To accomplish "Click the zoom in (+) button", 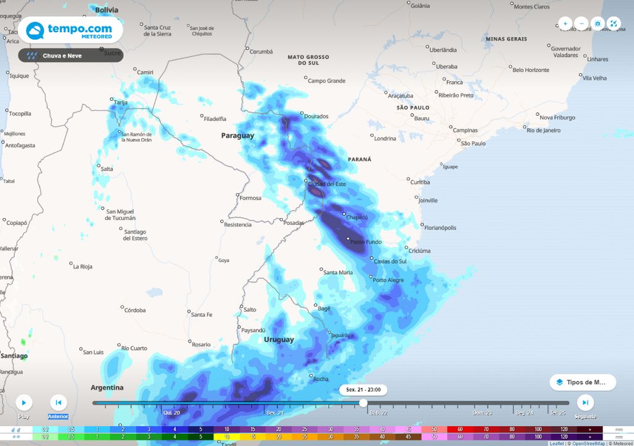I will pos(565,24).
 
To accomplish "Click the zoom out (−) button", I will pos(581,24).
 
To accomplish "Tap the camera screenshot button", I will pos(597,24).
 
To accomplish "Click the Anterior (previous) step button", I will pos(58,403).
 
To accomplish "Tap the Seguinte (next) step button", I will pos(585,403).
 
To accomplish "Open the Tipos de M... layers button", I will pos(583,382).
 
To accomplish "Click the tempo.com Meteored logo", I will pos(70,30).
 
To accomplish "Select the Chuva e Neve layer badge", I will pos(71,56).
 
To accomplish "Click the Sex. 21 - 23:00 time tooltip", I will pos(363,390).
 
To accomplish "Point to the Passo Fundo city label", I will pos(366,242).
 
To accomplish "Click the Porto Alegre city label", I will pos(388,280).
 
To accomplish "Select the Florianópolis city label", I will pos(440,227).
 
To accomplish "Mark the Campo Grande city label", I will pos(327,81).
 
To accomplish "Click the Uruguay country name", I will pos(279,339).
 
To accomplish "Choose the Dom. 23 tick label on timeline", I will pos(482,413).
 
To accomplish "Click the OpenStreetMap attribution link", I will pos(588,444).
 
